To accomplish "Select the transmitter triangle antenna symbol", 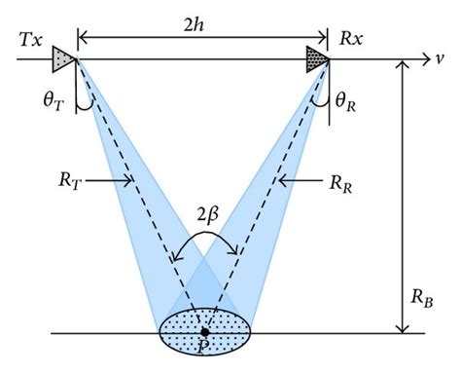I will tap(60, 56).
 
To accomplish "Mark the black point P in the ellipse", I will tap(205, 332).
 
